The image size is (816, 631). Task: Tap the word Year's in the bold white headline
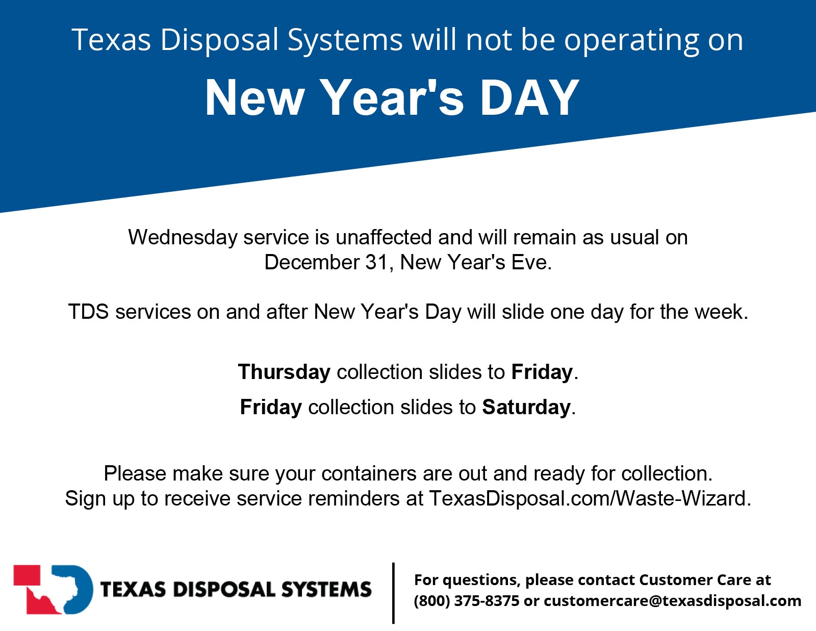click(x=393, y=98)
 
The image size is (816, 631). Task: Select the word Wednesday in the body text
click(x=183, y=237)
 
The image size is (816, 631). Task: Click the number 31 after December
click(x=376, y=262)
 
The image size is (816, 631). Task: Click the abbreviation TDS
click(x=89, y=312)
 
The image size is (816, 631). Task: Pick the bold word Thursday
click(x=284, y=372)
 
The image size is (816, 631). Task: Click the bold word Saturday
click(x=526, y=407)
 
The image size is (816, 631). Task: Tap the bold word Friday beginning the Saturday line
click(x=271, y=407)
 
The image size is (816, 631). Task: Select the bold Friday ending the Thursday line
click(x=542, y=372)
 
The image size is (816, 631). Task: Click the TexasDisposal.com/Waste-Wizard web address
click(x=590, y=498)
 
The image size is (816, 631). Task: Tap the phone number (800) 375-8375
click(x=466, y=601)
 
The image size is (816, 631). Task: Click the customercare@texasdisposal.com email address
click(x=672, y=601)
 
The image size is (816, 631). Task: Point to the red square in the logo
click(x=27, y=575)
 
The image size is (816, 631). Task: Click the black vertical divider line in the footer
click(x=393, y=593)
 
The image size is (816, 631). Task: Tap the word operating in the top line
click(x=631, y=41)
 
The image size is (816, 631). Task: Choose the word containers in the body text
click(x=369, y=473)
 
